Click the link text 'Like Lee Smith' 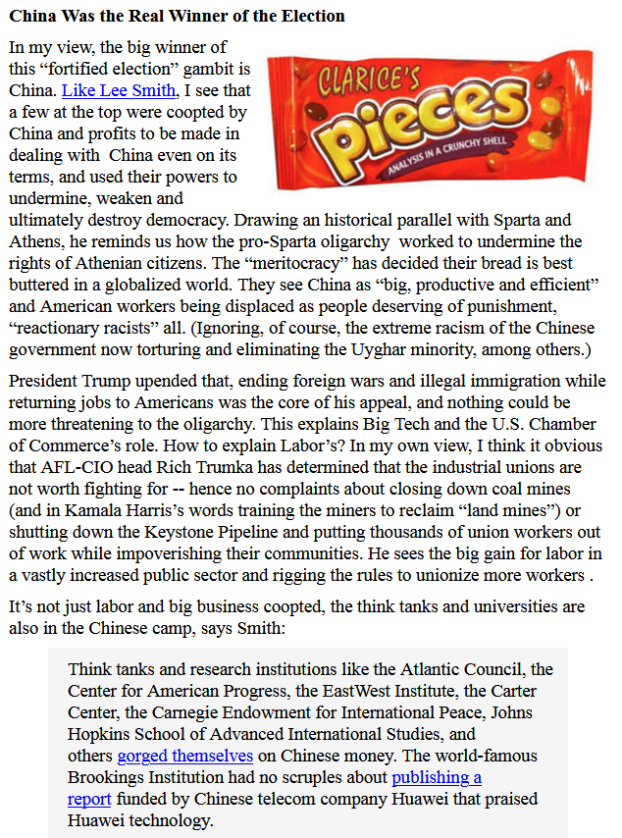pyautogui.click(x=121, y=91)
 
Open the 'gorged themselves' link pyautogui.click(x=185, y=756)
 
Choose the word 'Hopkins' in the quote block pyautogui.click(x=99, y=734)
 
